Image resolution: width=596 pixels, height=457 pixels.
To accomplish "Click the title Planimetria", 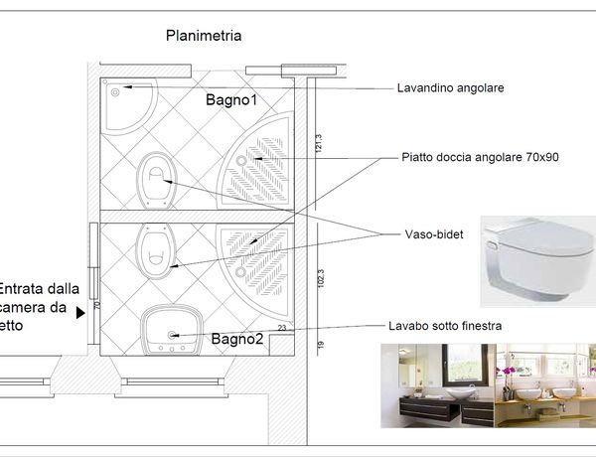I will pos(204,36).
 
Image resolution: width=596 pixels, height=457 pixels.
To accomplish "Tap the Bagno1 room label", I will pos(231,100).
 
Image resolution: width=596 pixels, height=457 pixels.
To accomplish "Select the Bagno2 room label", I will pos(236,339).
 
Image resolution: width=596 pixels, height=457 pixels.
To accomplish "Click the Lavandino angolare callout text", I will pos(450,87).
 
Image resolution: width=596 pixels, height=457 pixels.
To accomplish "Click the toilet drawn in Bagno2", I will pos(156,250).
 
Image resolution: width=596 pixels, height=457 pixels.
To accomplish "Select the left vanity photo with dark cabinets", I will pos(437,384).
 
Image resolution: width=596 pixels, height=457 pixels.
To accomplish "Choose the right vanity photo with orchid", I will pos(545,384).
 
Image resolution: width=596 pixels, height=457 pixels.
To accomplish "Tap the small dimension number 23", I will pos(282,327).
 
